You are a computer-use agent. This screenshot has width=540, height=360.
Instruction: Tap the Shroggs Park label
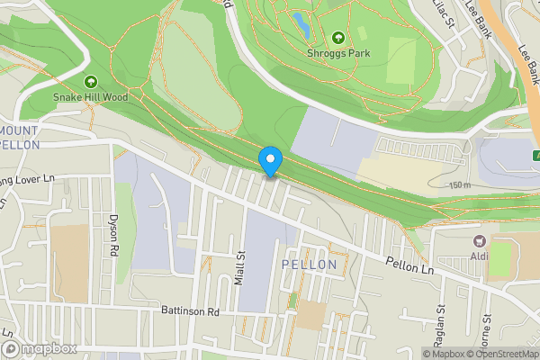pyautogui.click(x=338, y=53)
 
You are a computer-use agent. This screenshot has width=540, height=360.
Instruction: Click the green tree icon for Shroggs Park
pyautogui.click(x=338, y=38)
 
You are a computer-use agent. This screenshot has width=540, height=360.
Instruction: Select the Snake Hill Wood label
pyautogui.click(x=91, y=96)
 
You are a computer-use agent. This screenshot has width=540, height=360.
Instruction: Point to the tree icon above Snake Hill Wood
pyautogui.click(x=91, y=82)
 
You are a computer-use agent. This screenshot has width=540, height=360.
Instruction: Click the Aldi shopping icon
pyautogui.click(x=479, y=240)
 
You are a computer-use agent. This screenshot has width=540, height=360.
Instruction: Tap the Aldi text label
pyautogui.click(x=479, y=256)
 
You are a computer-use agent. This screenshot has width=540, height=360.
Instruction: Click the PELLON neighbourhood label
pyautogui.click(x=309, y=265)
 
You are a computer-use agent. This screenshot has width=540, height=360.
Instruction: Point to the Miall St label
pyautogui.click(x=239, y=267)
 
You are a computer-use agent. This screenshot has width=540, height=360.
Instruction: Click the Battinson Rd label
pyautogui.click(x=191, y=312)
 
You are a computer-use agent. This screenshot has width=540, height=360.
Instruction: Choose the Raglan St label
pyautogui.click(x=441, y=320)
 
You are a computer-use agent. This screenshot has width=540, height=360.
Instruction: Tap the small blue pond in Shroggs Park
pyautogui.click(x=300, y=25)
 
